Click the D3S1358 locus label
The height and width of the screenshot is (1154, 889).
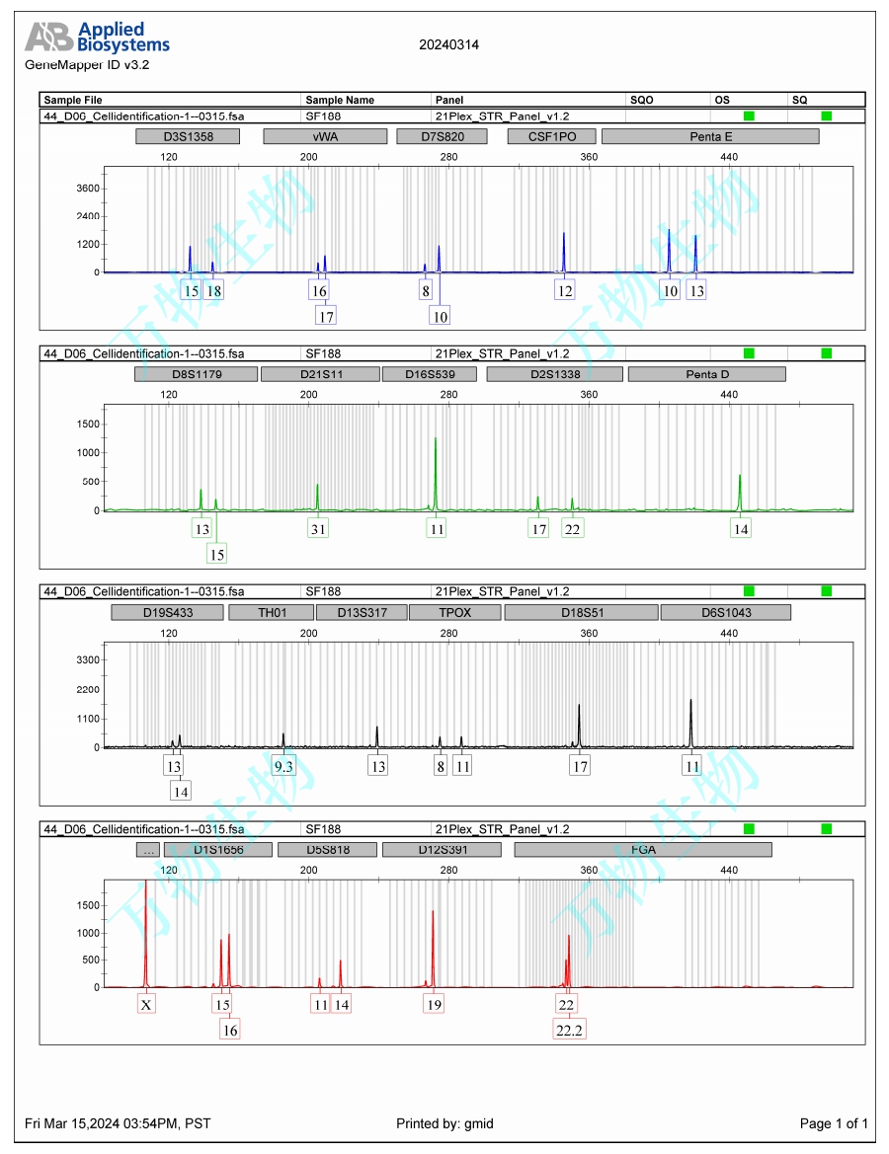click(x=189, y=136)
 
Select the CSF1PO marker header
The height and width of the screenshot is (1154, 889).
click(x=549, y=136)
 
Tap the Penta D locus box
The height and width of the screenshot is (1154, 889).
click(x=706, y=374)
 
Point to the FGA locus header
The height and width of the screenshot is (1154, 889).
click(x=643, y=850)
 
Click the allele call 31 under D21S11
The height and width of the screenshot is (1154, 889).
click(x=317, y=529)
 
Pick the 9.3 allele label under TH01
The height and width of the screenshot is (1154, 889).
click(x=283, y=766)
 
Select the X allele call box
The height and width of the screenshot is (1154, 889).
click(x=146, y=1005)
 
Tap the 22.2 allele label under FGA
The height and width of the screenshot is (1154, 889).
click(x=569, y=1030)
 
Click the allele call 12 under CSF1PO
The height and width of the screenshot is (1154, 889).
click(x=564, y=291)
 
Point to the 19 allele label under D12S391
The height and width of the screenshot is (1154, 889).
click(x=434, y=1005)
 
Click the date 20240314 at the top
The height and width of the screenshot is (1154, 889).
click(x=449, y=44)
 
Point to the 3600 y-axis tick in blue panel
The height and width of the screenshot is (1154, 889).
click(x=89, y=188)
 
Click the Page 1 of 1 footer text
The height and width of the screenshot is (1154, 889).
click(x=834, y=1123)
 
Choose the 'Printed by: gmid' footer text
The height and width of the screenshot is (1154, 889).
click(x=444, y=1123)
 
